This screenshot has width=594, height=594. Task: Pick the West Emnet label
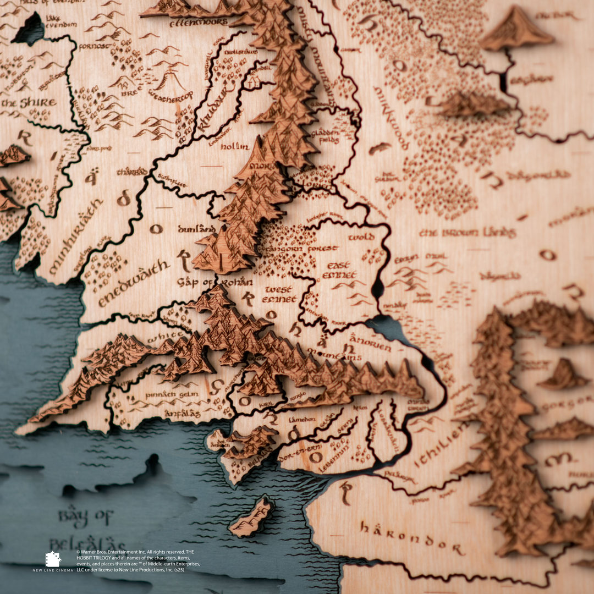(280, 294)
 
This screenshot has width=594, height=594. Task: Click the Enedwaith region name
(135, 283)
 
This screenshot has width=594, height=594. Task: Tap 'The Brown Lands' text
(468, 233)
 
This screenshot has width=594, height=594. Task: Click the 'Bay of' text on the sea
(85, 518)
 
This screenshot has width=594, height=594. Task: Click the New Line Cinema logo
(53, 562)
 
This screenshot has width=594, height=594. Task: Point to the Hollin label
(235, 147)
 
